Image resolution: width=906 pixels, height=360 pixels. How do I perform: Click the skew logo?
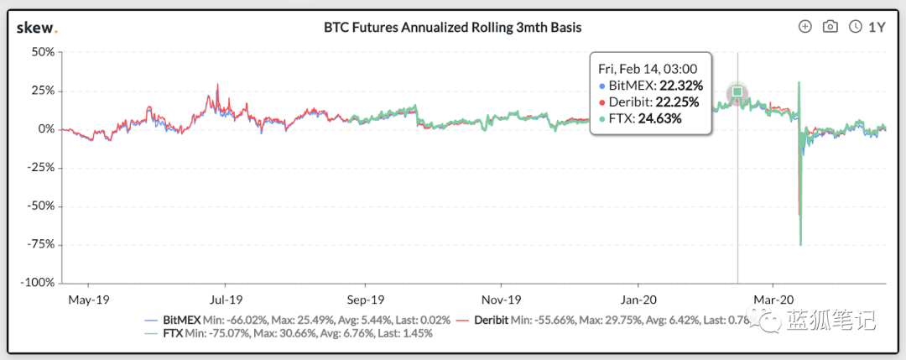37,27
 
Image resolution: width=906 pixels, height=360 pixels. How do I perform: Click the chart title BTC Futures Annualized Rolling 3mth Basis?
452,28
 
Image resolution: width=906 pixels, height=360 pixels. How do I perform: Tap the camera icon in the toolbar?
830,27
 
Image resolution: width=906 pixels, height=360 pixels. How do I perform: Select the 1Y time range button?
869,27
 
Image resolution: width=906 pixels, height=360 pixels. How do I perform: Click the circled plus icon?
805,27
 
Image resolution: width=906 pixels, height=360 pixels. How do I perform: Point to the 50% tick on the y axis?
42,52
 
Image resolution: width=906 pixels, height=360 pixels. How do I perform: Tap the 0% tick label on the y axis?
46,129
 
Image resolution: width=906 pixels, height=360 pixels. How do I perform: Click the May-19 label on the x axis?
88,299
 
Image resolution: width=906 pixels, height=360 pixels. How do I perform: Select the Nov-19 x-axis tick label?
502,299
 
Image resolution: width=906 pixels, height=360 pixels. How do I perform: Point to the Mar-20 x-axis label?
773,299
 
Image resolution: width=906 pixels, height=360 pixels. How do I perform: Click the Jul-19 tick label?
226,299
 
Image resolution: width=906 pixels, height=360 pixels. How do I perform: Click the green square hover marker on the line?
737,91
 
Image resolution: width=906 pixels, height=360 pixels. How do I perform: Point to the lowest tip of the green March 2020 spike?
801,245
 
